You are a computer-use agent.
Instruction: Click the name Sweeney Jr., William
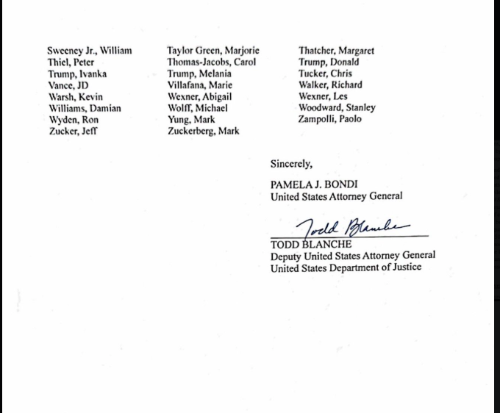click(89, 51)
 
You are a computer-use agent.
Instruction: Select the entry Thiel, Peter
click(71, 62)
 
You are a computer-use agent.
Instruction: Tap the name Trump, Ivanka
click(76, 74)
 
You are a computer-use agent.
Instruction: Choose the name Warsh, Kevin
click(75, 97)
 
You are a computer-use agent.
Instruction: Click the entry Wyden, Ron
click(73, 120)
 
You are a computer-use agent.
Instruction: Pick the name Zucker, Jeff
click(72, 132)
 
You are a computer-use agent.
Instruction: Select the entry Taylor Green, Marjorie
click(213, 51)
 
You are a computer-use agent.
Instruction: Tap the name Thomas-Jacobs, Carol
click(211, 62)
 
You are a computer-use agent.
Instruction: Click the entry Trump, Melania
click(199, 73)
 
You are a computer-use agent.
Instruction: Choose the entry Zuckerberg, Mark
click(203, 132)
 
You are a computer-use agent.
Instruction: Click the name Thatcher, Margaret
click(336, 51)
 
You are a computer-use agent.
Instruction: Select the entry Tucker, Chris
click(324, 73)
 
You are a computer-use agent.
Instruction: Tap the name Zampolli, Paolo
click(329, 119)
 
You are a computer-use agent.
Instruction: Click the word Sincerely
click(290, 164)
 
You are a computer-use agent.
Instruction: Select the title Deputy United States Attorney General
click(352, 256)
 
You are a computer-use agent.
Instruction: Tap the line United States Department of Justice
click(346, 267)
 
